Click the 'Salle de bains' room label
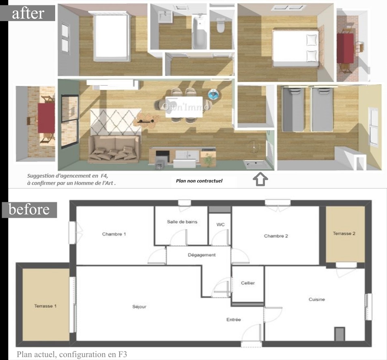[x=182, y=222]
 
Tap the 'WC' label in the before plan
[x=220, y=224]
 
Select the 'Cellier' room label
[x=248, y=283]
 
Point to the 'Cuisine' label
[x=317, y=299]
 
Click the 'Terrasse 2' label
[x=344, y=233]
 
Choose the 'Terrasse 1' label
[x=45, y=306]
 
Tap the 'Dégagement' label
[x=202, y=255]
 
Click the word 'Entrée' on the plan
[x=234, y=319]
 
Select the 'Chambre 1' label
[x=114, y=234]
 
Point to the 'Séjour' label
[x=139, y=307]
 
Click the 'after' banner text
[x=28, y=13]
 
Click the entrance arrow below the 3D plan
[x=260, y=179]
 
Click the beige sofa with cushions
[x=114, y=149]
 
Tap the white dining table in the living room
[x=184, y=107]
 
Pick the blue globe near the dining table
[x=213, y=94]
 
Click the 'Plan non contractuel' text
[x=199, y=181]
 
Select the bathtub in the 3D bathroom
[x=200, y=31]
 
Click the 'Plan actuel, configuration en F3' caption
[x=72, y=354]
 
